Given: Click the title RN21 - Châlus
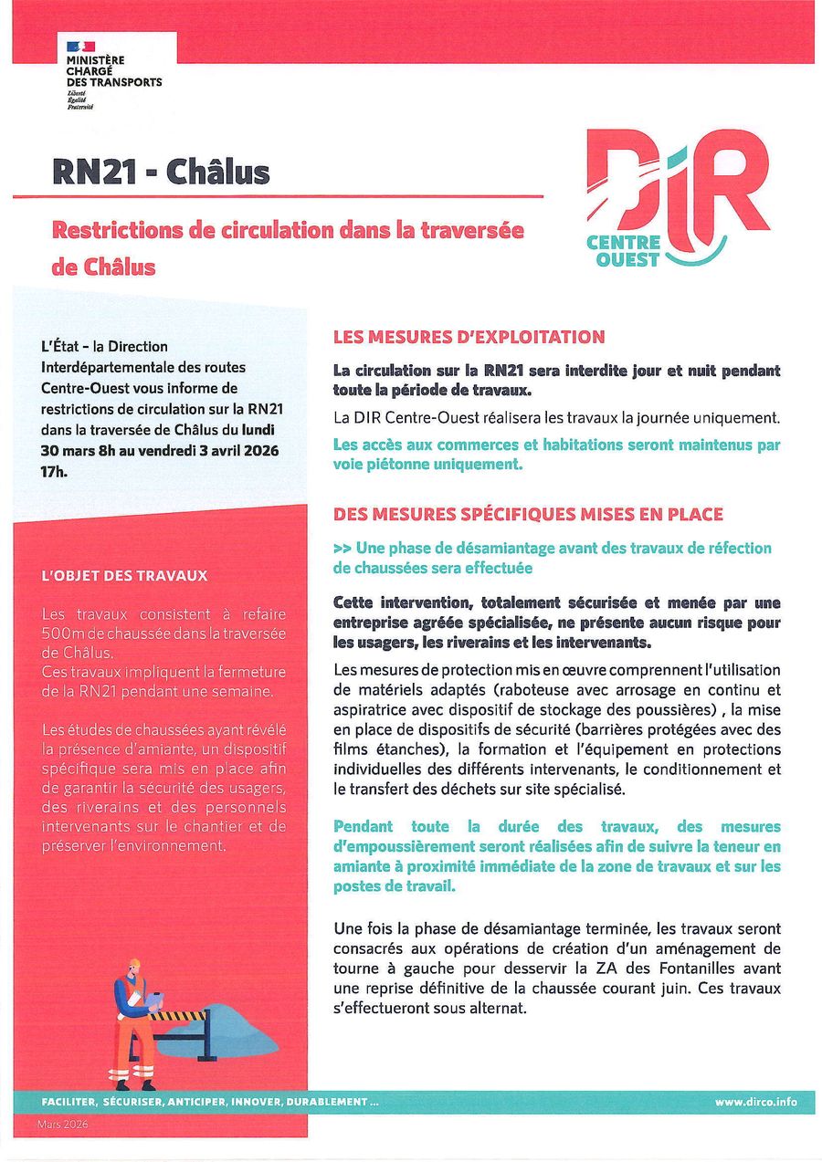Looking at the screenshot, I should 161,173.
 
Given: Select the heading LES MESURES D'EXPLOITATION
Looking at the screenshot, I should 469,337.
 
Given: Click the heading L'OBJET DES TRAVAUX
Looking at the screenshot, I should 125,576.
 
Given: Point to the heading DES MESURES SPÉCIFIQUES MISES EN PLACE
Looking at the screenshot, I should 528,515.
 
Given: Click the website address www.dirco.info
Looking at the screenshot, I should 756,1102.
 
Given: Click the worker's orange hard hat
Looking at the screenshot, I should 135,963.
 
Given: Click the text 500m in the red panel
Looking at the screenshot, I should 60,633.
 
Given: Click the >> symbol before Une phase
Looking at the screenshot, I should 342,548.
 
